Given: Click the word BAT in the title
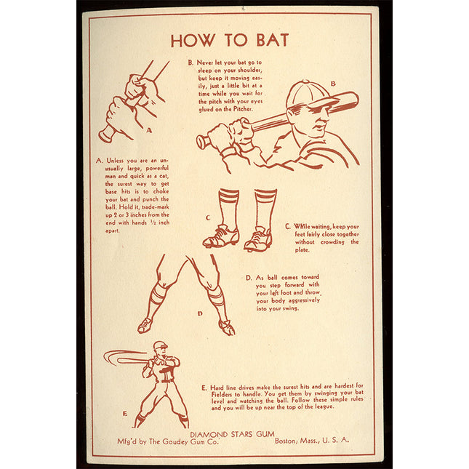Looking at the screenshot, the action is (x=273, y=40).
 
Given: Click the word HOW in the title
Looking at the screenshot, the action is (x=193, y=41).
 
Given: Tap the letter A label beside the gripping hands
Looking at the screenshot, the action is (x=149, y=130).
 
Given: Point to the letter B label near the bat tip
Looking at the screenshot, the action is (x=333, y=84).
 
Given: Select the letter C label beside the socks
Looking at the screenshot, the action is (x=208, y=217).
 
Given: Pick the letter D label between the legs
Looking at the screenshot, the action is (x=200, y=313).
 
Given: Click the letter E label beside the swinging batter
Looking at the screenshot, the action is (x=125, y=413).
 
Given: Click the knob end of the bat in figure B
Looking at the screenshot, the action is (x=202, y=142).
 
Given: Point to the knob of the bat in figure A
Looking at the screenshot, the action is (x=106, y=135).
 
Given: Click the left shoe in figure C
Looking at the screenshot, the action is (x=221, y=236).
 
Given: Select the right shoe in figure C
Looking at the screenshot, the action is (x=258, y=239).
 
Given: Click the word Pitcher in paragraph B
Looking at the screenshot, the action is (x=243, y=109).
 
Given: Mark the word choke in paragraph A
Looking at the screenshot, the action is (x=161, y=191).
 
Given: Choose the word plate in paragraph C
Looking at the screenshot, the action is (x=302, y=249).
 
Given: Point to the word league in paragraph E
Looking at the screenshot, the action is (x=324, y=406).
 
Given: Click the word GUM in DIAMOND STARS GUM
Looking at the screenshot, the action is (x=265, y=434).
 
